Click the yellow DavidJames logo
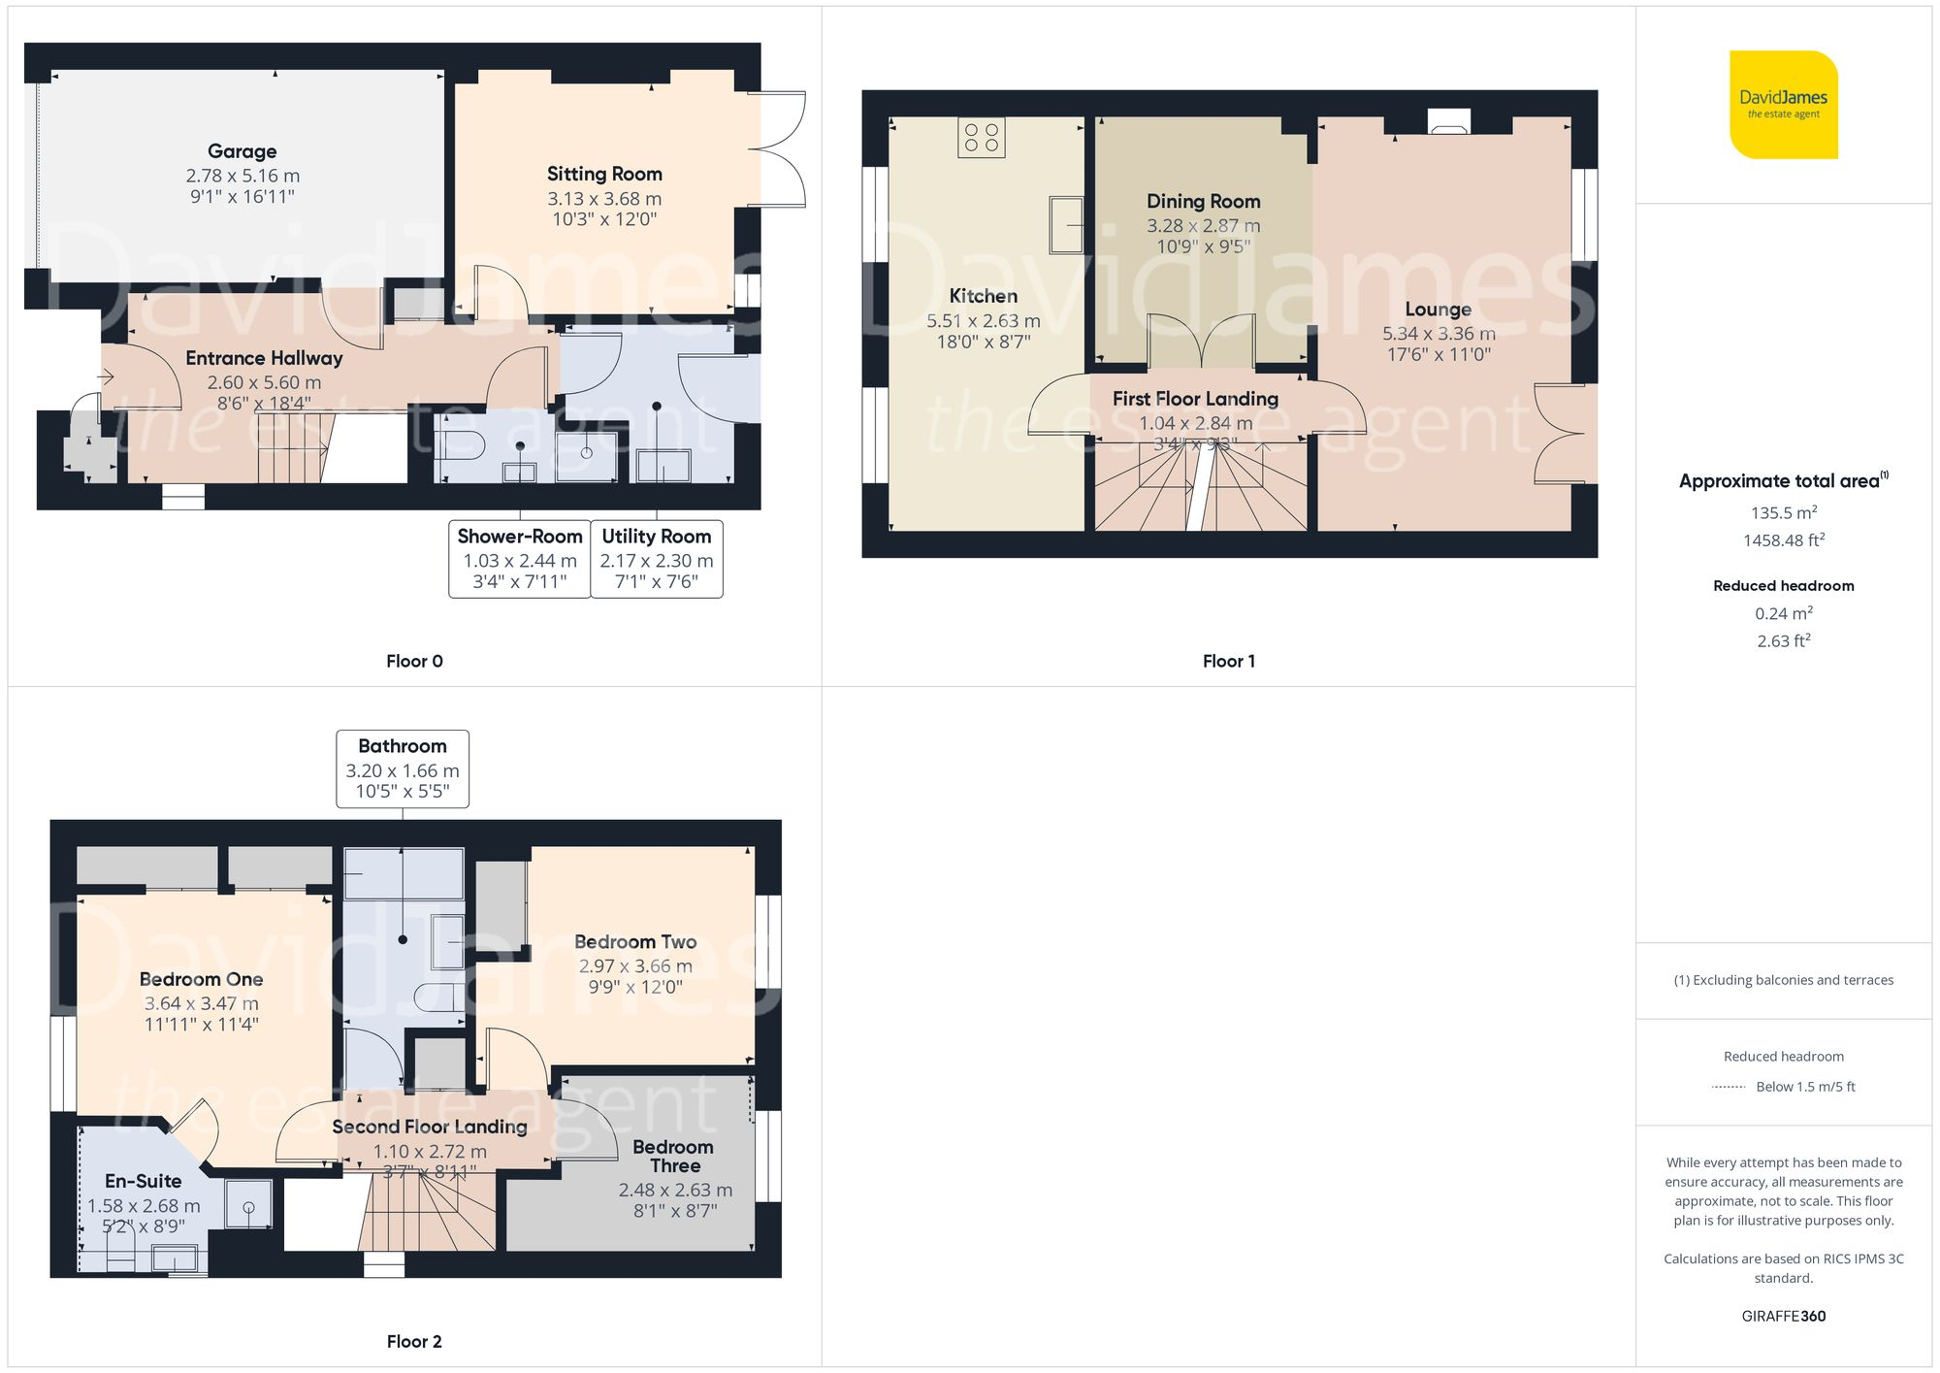click(1783, 105)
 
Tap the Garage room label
click(242, 151)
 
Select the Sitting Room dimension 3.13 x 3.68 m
click(604, 199)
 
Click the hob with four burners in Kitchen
click(981, 138)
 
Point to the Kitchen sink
click(1065, 224)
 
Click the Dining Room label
click(1203, 201)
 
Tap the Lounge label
click(1438, 310)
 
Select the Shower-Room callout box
click(520, 559)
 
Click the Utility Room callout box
click(657, 559)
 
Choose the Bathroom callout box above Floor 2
click(403, 768)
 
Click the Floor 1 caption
click(1228, 661)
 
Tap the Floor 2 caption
click(414, 1341)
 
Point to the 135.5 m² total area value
click(1783, 512)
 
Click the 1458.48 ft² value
click(1783, 539)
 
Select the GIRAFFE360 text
click(1783, 1316)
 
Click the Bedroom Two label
click(635, 941)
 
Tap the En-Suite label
click(144, 1181)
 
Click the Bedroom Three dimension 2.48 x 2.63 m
click(675, 1190)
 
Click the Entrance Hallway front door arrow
click(107, 376)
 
